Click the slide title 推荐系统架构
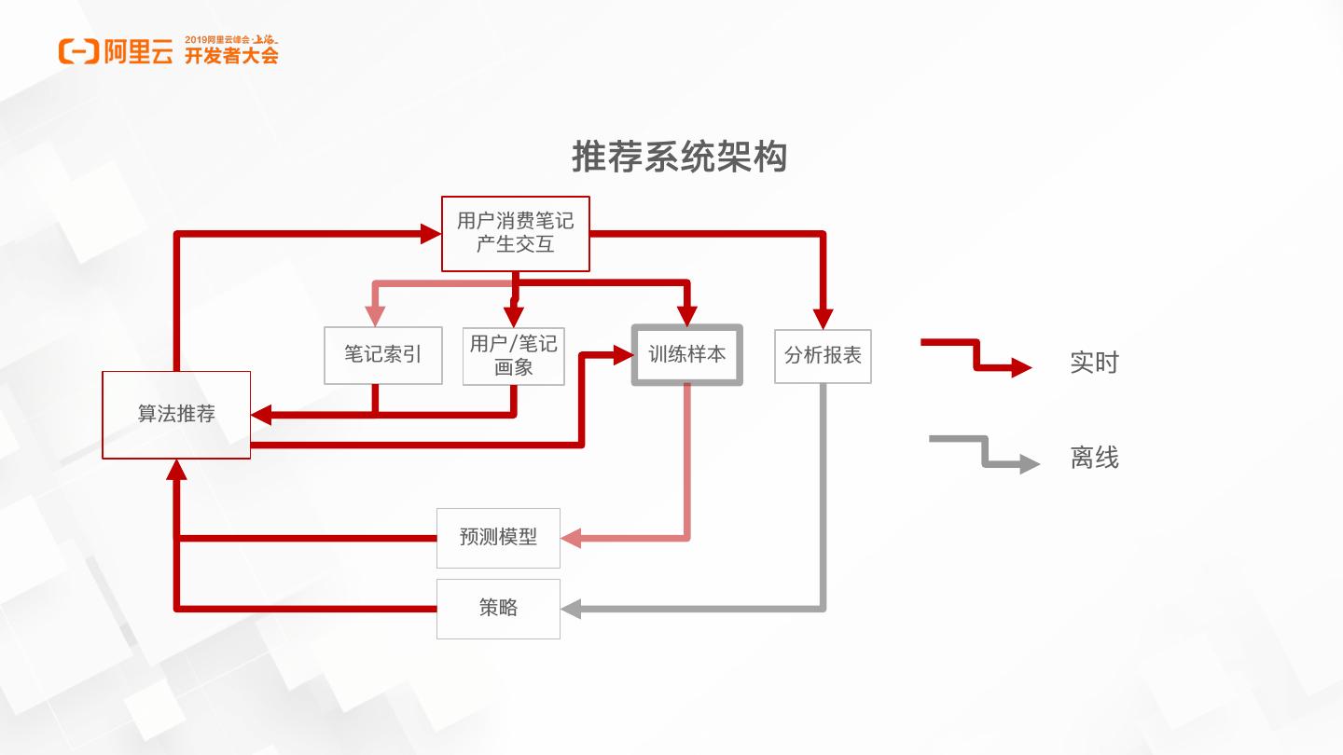click(x=679, y=158)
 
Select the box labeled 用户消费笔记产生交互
click(x=515, y=233)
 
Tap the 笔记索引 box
click(x=383, y=355)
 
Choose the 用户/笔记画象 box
click(x=514, y=355)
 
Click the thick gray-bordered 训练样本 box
click(x=687, y=354)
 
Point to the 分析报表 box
click(x=823, y=355)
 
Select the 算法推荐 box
click(x=176, y=415)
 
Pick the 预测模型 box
click(x=498, y=538)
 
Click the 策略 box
click(x=498, y=609)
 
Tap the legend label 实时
click(x=1094, y=363)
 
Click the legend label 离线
click(x=1094, y=458)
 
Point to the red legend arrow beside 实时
click(x=976, y=355)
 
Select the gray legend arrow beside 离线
click(x=985, y=451)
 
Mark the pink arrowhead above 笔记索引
click(x=375, y=317)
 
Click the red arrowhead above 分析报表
click(x=823, y=317)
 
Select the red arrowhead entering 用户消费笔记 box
click(x=431, y=233)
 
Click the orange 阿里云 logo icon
click(x=78, y=52)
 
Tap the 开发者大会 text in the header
click(x=231, y=56)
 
